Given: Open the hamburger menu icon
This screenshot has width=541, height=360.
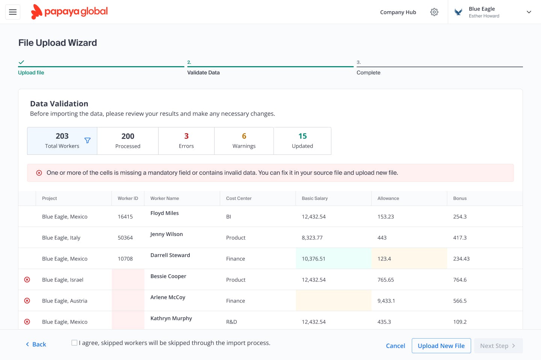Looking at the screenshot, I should pos(13,12).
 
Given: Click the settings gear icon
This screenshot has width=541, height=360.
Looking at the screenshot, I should pos(434,12).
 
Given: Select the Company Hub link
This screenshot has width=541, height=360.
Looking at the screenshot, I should pos(398,12).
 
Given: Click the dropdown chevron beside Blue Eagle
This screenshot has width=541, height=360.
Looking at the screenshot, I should pos(529,12).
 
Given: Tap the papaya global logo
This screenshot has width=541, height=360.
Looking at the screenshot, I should pos(70,12).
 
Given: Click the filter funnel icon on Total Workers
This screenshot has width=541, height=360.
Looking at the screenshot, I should pos(88,141).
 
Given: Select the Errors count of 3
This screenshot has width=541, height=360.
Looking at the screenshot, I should pos(186,141).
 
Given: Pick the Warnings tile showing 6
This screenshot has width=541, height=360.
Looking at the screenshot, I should pos(244,141).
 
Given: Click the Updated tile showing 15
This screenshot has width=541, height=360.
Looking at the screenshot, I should pos(302,141).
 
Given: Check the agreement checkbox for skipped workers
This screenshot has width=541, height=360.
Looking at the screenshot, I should pos(74,343).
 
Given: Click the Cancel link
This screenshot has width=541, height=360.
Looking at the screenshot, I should pos(395,346).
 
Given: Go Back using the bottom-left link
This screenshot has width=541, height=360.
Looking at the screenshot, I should pos(36,344).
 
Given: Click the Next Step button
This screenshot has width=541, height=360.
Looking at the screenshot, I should pos(498,346).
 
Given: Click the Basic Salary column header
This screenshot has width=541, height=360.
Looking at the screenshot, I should pos(315,198).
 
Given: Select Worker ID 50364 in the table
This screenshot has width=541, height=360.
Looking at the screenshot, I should pos(125,238).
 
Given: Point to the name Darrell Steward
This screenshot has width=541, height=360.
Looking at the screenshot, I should pos(170,255).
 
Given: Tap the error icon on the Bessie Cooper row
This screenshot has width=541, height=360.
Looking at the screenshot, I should pos(27,280).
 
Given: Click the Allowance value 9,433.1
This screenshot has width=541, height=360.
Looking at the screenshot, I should pos(386,301).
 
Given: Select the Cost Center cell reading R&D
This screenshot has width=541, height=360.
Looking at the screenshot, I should pos(231,322).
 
